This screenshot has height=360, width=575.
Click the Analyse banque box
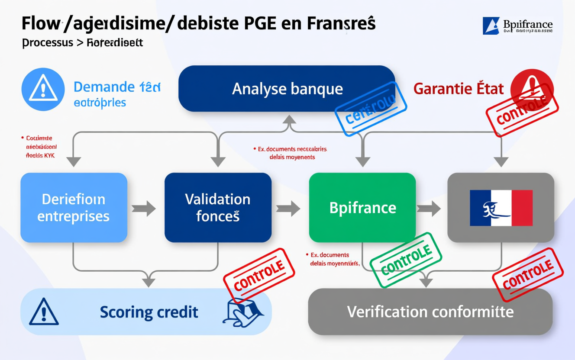[287, 89]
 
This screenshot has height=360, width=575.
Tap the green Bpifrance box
[362, 208]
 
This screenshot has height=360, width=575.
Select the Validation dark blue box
[218, 208]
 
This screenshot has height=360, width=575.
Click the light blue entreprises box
[74, 208]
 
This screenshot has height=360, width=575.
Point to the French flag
[501, 208]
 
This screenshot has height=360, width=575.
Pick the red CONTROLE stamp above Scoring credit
[259, 274]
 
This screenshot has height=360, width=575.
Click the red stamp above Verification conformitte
[528, 274]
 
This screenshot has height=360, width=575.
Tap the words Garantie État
[459, 89]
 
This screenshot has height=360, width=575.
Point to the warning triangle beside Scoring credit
[44, 312]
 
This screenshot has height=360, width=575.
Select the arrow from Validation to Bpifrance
[288, 209]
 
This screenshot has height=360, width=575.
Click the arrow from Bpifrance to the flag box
[429, 209]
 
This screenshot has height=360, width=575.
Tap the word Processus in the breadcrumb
[47, 43]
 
